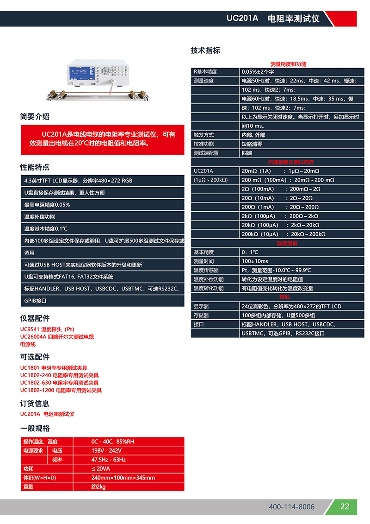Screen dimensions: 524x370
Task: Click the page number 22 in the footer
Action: (x=345, y=506)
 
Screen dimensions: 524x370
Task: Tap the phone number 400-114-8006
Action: (x=291, y=507)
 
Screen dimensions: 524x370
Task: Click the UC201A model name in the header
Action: (x=242, y=19)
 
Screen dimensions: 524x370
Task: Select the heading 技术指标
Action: (x=205, y=51)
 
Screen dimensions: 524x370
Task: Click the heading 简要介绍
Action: (x=35, y=116)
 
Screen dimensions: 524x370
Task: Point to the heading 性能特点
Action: (x=35, y=167)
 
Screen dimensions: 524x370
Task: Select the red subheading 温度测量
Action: (x=287, y=243)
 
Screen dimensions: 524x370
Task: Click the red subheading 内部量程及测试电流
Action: (x=288, y=162)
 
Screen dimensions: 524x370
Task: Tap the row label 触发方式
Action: (x=203, y=135)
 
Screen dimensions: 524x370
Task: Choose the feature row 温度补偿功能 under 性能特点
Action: (x=40, y=217)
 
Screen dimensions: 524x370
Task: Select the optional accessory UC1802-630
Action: (x=59, y=383)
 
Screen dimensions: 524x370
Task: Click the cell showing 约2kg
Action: (x=98, y=486)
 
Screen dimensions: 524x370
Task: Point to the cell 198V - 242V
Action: (x=106, y=450)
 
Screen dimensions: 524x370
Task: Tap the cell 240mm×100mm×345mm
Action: (x=123, y=478)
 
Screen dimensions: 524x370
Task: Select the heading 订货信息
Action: (x=35, y=404)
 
